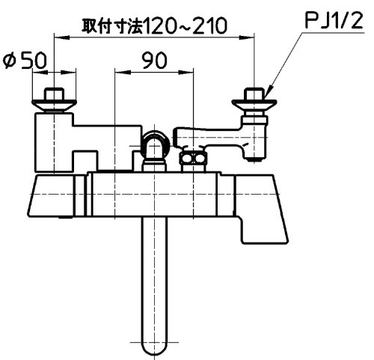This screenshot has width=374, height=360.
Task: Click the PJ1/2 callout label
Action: pos(334,20)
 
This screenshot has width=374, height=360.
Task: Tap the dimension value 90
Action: pos(154,60)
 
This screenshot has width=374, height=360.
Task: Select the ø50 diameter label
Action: pos(25,60)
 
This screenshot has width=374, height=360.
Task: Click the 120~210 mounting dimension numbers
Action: pos(186,25)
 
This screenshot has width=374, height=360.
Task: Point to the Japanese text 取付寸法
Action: pos(113,25)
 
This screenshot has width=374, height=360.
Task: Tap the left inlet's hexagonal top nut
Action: pos(54,94)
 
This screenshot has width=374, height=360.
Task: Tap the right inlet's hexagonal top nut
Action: pos(254,94)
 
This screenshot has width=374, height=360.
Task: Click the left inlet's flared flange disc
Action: pos(54,105)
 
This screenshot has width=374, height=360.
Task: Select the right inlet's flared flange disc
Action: pos(254,105)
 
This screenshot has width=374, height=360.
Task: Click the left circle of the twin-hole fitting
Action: pos(187,159)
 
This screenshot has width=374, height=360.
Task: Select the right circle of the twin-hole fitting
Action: pos(200,159)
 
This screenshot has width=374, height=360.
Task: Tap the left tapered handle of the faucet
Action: pos(51,195)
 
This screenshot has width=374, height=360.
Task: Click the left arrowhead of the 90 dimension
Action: pos(122,73)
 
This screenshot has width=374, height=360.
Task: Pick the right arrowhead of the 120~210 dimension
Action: pos(247,37)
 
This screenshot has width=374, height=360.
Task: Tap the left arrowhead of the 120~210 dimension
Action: pos(61,37)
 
